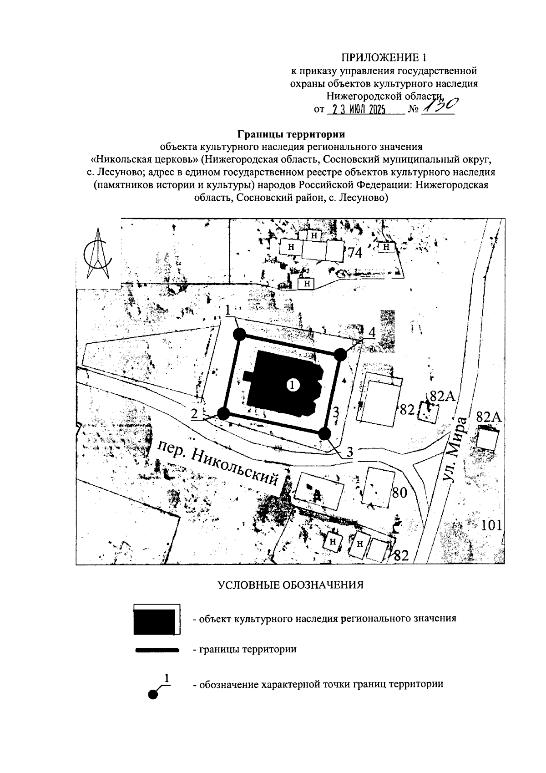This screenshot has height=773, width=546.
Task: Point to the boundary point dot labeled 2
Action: (x=223, y=413)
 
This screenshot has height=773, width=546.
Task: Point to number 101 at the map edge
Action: (x=491, y=525)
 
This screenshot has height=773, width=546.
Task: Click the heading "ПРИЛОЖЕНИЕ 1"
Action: (x=385, y=58)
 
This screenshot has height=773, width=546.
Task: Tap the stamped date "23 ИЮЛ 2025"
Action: (x=357, y=110)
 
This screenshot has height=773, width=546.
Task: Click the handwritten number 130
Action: (x=439, y=107)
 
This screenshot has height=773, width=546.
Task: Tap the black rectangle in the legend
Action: (x=155, y=621)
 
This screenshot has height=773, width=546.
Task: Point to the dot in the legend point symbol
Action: (x=153, y=694)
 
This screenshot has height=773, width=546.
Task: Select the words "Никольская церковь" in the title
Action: (x=145, y=160)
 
